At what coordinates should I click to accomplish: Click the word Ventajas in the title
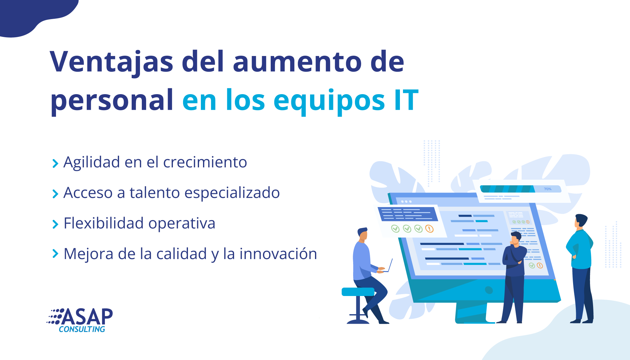pyautogui.click(x=111, y=62)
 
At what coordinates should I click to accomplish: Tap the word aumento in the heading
pyautogui.click(x=297, y=62)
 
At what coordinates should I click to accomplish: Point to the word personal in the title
pyautogui.click(x=112, y=101)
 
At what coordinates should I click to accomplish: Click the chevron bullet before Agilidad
pyautogui.click(x=55, y=164)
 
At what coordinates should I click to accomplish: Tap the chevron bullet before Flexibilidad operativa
pyautogui.click(x=55, y=225)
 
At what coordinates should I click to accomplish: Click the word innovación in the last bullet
pyautogui.click(x=278, y=254)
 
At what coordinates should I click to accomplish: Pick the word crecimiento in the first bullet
pyautogui.click(x=205, y=162)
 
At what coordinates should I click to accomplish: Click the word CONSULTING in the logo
pyautogui.click(x=82, y=329)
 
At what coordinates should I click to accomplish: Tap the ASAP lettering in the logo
pyautogui.click(x=87, y=317)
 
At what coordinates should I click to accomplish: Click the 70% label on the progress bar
pyautogui.click(x=548, y=189)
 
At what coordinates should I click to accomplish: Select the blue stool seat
pyautogui.click(x=358, y=292)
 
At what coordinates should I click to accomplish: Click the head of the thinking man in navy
pyautogui.click(x=516, y=238)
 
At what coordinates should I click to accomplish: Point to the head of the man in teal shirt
pyautogui.click(x=581, y=221)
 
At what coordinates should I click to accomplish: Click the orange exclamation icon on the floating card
pyautogui.click(x=429, y=229)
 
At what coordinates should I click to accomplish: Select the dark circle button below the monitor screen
pyautogui.click(x=489, y=290)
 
